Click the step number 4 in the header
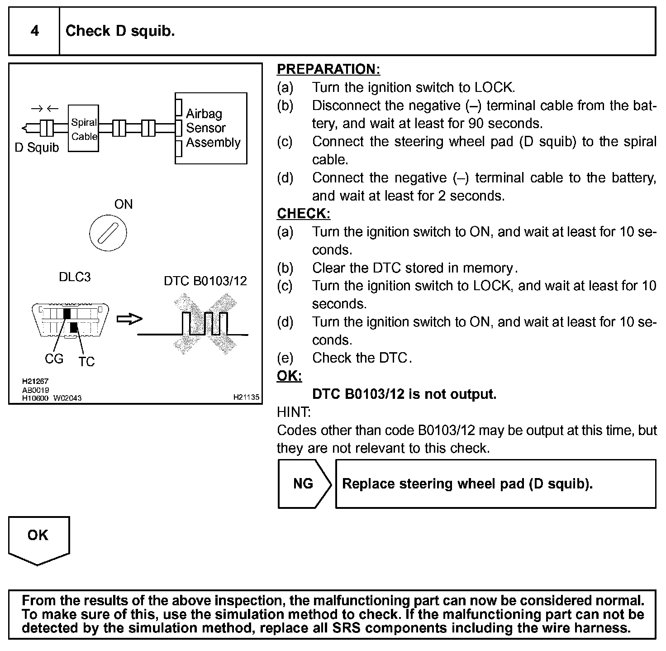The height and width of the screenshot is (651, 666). click(34, 31)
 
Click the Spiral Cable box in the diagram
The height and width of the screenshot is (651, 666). click(84, 129)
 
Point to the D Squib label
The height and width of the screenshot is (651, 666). click(37, 148)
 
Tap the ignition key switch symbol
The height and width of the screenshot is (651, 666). click(108, 234)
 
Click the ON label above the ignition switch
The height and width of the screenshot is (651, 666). click(124, 204)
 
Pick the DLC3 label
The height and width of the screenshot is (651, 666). click(75, 277)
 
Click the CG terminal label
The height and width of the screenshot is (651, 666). click(54, 359)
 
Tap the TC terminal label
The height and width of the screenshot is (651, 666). click(86, 362)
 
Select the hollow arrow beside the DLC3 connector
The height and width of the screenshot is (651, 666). click(129, 319)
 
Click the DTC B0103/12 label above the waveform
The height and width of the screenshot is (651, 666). click(205, 281)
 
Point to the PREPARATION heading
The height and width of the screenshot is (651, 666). click(328, 69)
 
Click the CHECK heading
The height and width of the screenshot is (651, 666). click(303, 214)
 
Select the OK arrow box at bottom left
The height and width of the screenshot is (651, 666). click(38, 538)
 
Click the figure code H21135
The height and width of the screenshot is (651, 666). click(246, 397)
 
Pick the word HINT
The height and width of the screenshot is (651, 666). click(293, 412)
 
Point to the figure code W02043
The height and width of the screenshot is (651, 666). click(68, 398)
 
